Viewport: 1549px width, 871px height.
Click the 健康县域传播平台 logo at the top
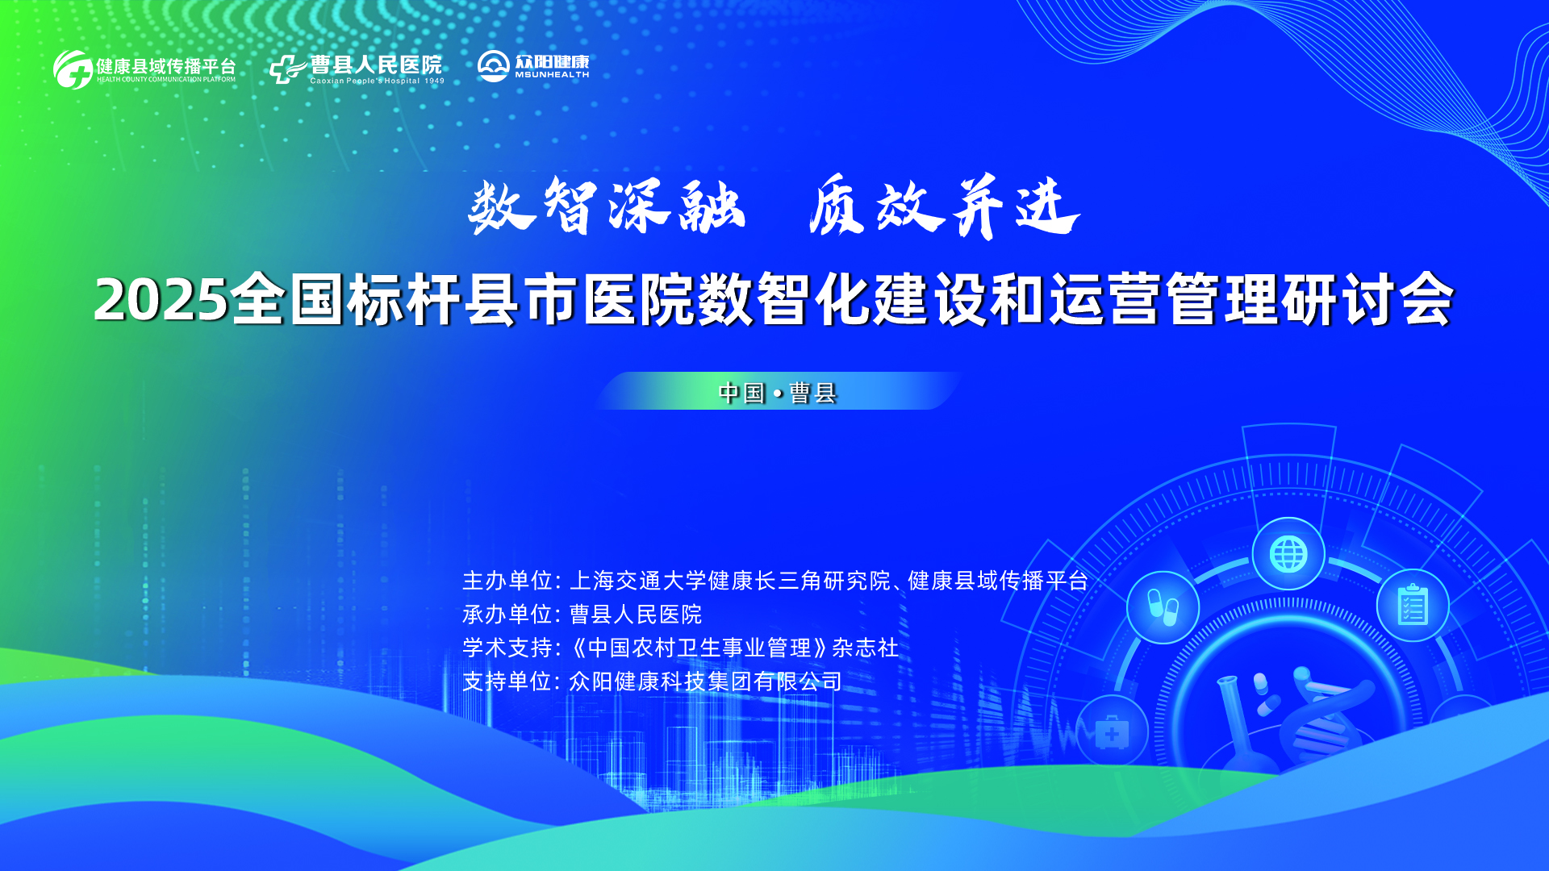(x=144, y=69)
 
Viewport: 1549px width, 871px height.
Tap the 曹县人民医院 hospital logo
(x=357, y=69)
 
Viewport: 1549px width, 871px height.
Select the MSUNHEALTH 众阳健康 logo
(x=533, y=66)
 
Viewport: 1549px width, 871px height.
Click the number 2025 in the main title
(x=161, y=300)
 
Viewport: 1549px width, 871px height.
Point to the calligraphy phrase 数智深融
(x=607, y=206)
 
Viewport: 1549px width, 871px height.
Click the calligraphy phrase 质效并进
(x=945, y=206)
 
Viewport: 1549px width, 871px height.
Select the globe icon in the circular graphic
(x=1288, y=554)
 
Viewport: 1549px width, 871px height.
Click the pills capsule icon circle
(x=1163, y=607)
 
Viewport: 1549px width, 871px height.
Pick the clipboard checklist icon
(x=1413, y=606)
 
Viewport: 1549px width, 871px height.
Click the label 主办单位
(x=507, y=581)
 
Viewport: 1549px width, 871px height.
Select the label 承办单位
(x=507, y=615)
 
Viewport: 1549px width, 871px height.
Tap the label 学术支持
(x=507, y=648)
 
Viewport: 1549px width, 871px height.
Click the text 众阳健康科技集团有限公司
(x=706, y=682)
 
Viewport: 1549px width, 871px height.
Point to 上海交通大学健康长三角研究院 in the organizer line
(x=730, y=581)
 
